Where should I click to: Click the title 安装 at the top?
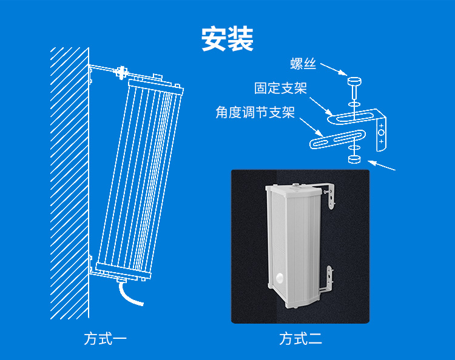[227, 39]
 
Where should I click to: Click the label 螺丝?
[304, 64]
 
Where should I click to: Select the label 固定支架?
[280, 88]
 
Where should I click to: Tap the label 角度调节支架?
[255, 112]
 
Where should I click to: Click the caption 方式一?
[106, 338]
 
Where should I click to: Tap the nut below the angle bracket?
[354, 159]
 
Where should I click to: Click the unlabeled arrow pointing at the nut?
[383, 165]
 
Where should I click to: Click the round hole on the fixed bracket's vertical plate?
[381, 132]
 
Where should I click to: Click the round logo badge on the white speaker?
[281, 278]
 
